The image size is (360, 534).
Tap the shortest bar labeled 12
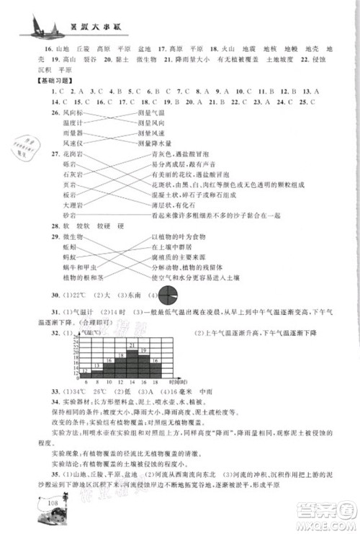[85, 372]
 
